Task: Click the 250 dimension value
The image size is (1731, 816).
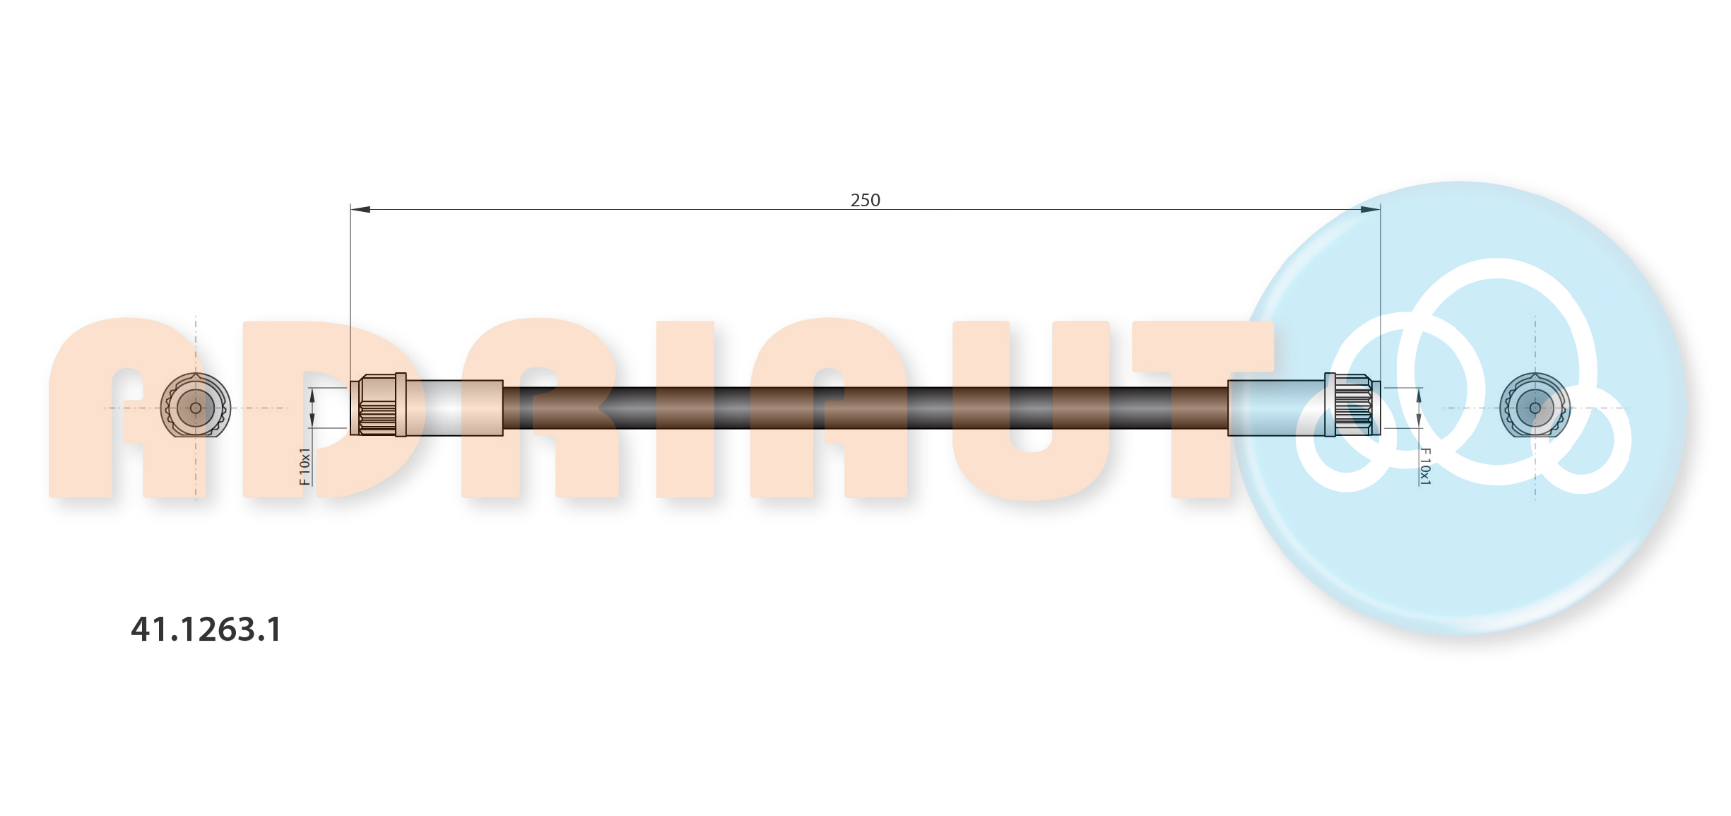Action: click(865, 200)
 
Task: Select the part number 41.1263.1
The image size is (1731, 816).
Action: click(206, 629)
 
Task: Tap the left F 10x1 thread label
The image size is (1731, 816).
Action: click(305, 466)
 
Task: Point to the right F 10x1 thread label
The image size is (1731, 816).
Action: click(1425, 466)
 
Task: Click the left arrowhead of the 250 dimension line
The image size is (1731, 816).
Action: click(360, 209)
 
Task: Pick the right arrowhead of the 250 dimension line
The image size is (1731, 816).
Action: click(1371, 209)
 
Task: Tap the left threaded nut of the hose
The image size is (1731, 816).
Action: click(378, 405)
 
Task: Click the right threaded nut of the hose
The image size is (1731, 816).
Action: click(1352, 405)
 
